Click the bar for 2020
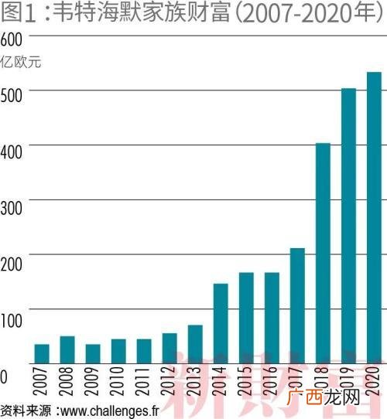click(374, 218)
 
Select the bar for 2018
click(323, 254)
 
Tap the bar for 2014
click(221, 324)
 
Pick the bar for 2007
click(42, 354)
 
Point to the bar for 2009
click(93, 354)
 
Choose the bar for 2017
click(297, 306)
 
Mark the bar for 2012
click(170, 349)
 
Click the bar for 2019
click(349, 226)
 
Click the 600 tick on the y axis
click(12, 39)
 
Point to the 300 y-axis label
click(12, 208)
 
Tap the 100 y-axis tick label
click(12, 321)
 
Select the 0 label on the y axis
click(3, 376)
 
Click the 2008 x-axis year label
click(66, 381)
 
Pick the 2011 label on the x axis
click(142, 381)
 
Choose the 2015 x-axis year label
click(245, 381)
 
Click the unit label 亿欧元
click(20, 62)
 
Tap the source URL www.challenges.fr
click(110, 411)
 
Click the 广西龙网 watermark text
click(323, 397)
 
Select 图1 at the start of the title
click(19, 13)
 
